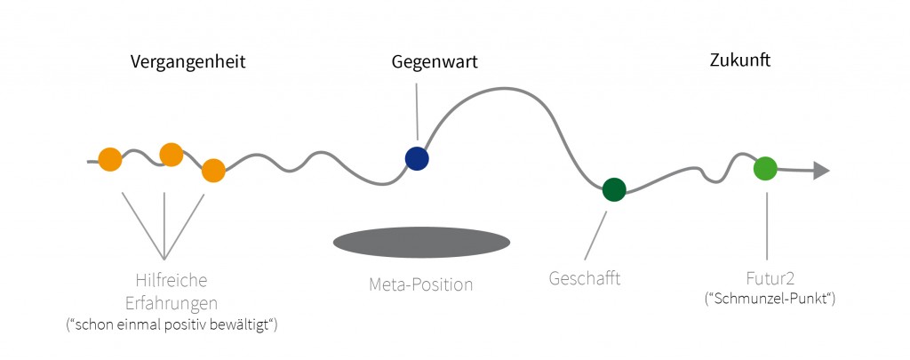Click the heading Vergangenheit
[188, 62]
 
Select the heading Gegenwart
[435, 62]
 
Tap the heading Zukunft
[740, 60]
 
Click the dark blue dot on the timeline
[417, 158]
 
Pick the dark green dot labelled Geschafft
[614, 190]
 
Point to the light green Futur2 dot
[765, 168]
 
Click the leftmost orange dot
[110, 159]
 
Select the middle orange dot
[172, 155]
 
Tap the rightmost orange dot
[213, 171]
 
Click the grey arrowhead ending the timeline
[821, 171]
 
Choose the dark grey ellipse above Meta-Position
[421, 242]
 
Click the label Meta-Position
[421, 285]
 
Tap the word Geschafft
[585, 278]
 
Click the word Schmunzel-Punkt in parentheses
[770, 300]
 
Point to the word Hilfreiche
[172, 281]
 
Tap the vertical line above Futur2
[767, 226]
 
